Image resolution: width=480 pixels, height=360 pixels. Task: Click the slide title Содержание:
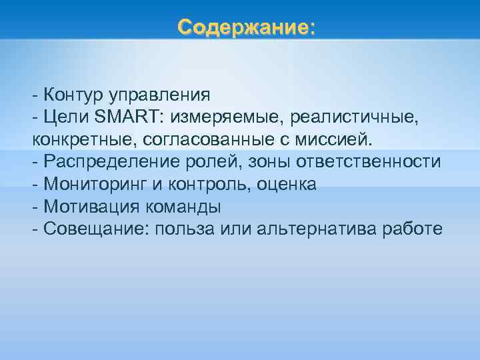[246, 27]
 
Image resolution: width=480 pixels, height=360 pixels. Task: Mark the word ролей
[214, 162]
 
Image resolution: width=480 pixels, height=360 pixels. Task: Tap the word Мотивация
[89, 207]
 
